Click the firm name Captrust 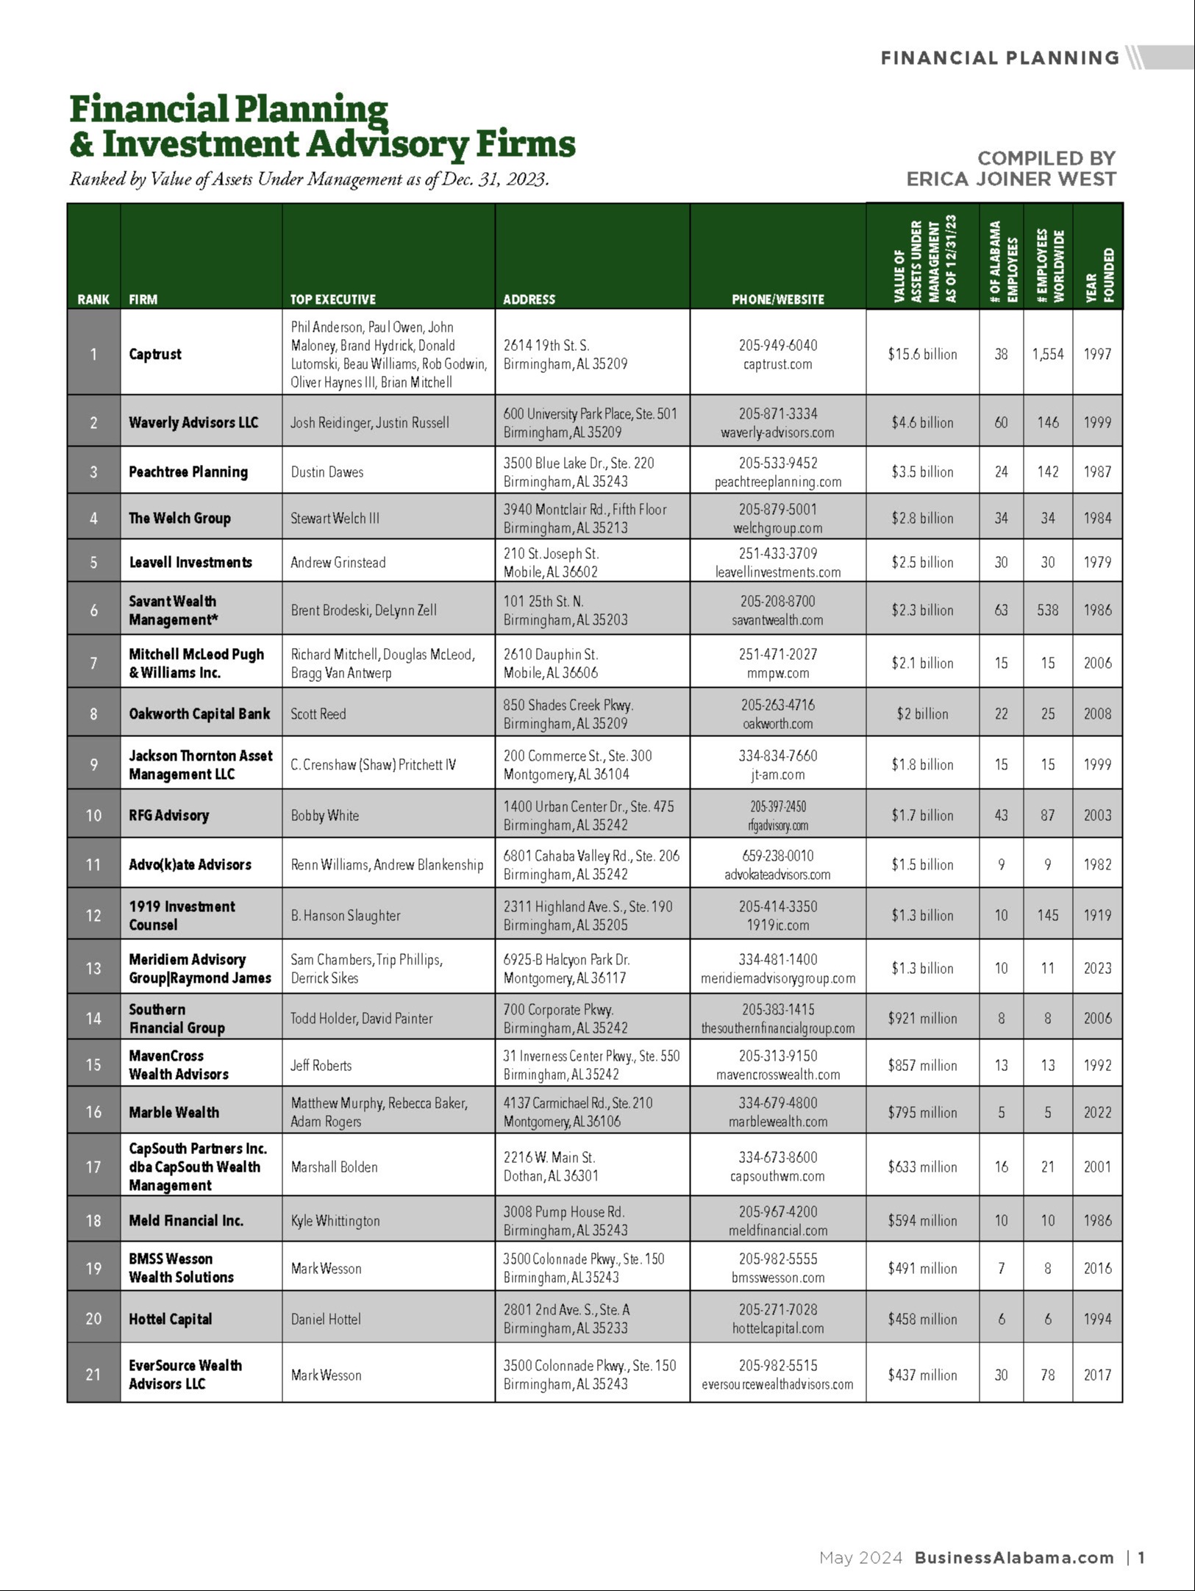coord(155,354)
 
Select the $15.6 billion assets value coord(922,354)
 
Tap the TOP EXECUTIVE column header coord(332,299)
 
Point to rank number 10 coord(93,815)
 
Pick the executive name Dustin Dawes coord(327,471)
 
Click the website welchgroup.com coord(777,528)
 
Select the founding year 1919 coord(1097,915)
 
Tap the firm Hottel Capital coord(171,1319)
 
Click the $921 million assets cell coord(922,1018)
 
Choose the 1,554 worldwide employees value coord(1048,354)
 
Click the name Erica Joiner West coord(1011,179)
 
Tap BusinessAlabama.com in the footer coord(1014,1557)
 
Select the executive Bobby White coord(324,815)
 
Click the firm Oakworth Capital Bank coord(199,713)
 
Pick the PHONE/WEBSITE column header coord(777,299)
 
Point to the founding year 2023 coord(1097,968)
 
